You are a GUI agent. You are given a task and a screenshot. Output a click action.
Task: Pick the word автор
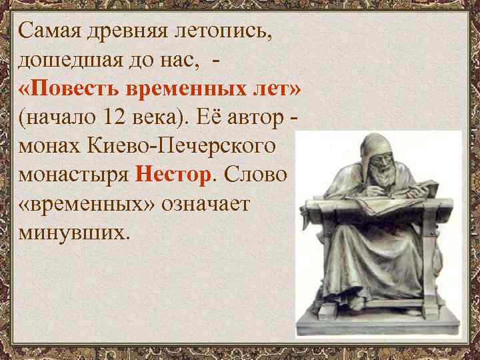255,119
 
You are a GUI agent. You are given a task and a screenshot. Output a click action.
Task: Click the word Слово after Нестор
256,176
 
